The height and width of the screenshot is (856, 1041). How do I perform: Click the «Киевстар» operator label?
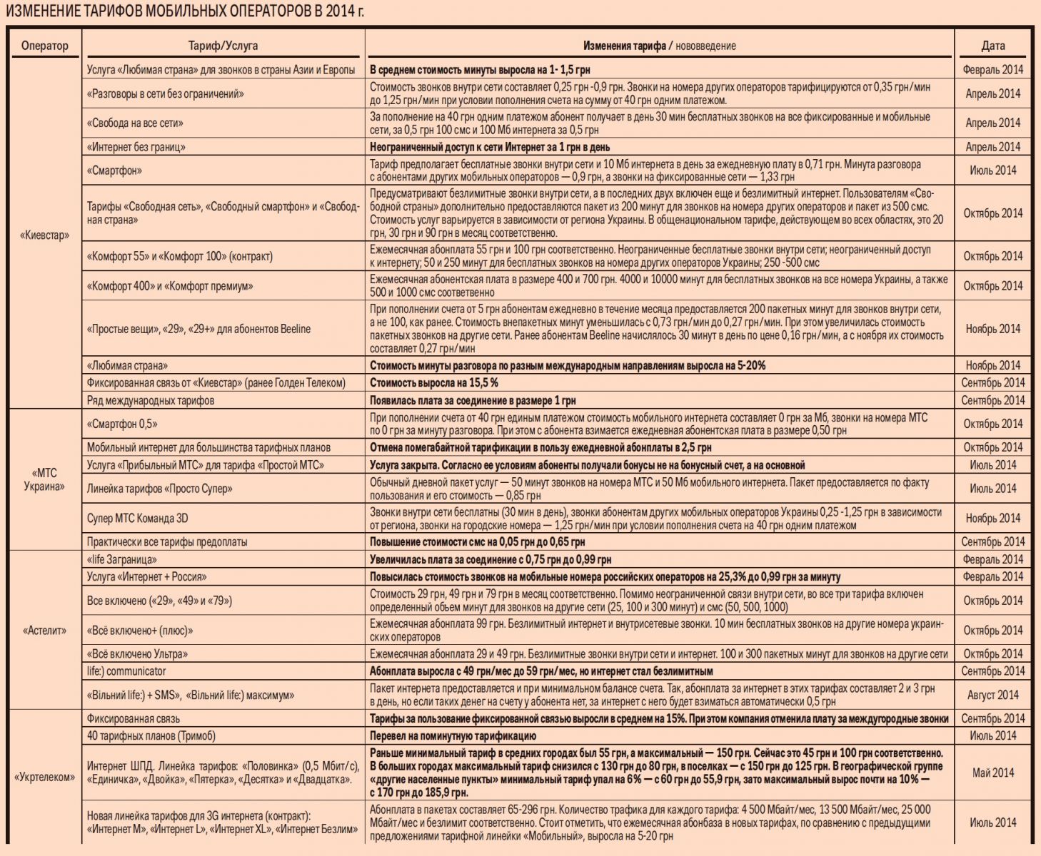point(44,235)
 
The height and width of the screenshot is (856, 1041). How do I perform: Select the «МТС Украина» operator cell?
point(44,479)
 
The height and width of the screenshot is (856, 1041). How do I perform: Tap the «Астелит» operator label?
point(44,631)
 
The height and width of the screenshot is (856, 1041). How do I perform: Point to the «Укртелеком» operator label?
point(44,777)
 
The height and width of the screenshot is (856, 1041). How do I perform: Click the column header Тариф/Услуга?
point(223,46)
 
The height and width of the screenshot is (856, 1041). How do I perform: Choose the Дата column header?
point(992,46)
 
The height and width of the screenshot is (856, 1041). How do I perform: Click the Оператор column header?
point(45,46)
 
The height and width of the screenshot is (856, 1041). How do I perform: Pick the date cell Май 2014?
point(992,773)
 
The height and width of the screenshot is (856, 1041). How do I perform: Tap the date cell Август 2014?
point(992,695)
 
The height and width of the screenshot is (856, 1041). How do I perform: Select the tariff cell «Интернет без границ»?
point(136,147)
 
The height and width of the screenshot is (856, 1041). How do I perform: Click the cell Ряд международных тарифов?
point(151,400)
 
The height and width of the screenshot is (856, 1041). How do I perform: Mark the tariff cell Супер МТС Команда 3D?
point(138,519)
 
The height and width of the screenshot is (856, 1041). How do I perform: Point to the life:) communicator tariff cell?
point(126,671)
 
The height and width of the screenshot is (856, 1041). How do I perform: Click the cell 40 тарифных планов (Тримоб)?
point(151,735)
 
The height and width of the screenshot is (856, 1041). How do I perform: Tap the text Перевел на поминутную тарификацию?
point(453,735)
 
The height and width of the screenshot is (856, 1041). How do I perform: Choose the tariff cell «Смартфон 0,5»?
point(122,424)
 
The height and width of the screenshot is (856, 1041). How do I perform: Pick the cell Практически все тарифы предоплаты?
point(167,542)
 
